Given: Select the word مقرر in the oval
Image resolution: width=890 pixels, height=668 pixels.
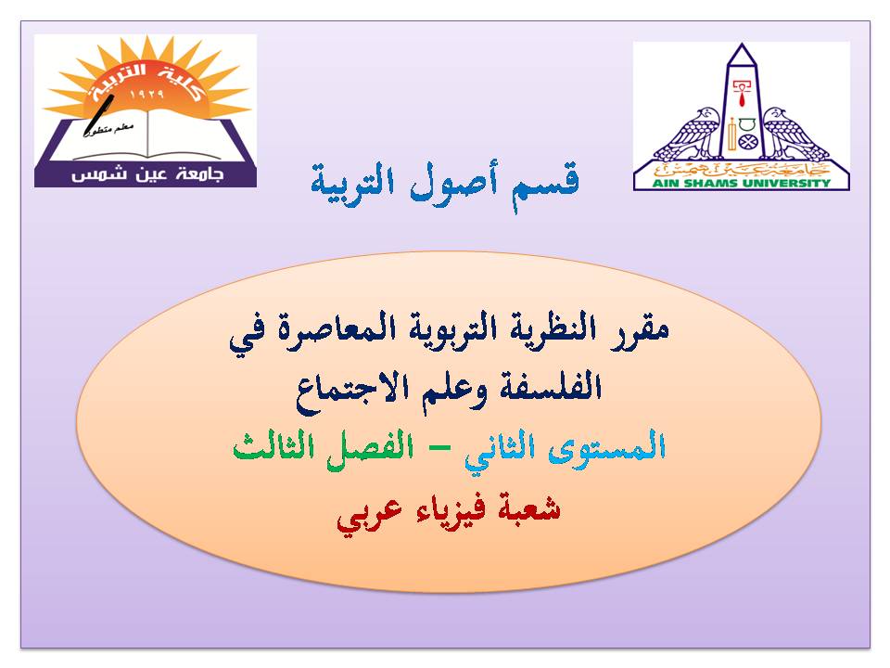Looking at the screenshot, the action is [x=640, y=330].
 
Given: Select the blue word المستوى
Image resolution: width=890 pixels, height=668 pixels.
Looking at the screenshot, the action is [x=606, y=446].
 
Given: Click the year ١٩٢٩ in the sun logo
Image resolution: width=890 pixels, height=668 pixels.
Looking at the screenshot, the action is [x=146, y=94].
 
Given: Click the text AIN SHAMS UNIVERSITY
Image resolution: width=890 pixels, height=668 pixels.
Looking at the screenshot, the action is [x=742, y=184].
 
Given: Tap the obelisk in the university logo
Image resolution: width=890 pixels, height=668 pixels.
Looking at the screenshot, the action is [x=742, y=102].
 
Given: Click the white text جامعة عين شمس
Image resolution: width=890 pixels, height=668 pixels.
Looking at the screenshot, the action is [x=147, y=174].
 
